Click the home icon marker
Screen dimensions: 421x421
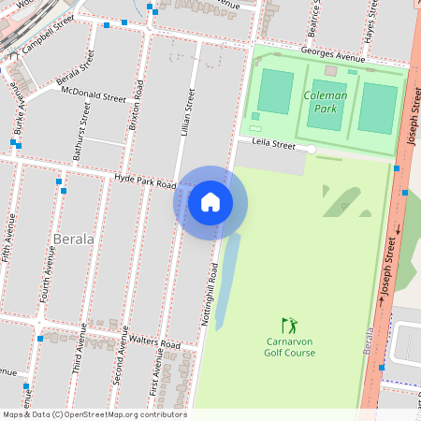click(210, 202)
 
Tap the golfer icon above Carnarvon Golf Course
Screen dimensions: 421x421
click(289, 325)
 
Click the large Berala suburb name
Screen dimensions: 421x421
click(74, 239)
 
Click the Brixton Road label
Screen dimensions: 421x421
click(137, 105)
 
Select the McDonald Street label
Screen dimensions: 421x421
click(93, 95)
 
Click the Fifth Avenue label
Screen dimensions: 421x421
click(10, 239)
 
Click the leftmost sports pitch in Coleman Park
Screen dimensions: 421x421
click(275, 90)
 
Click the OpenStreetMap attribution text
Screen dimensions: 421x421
click(94, 414)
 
